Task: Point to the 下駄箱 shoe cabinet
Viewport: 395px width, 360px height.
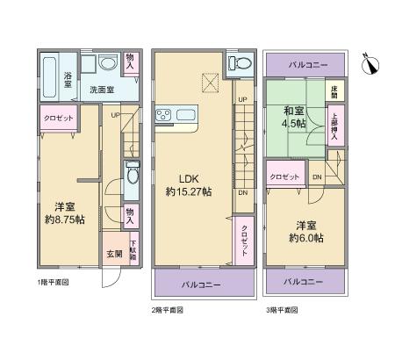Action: coord(133,249)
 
